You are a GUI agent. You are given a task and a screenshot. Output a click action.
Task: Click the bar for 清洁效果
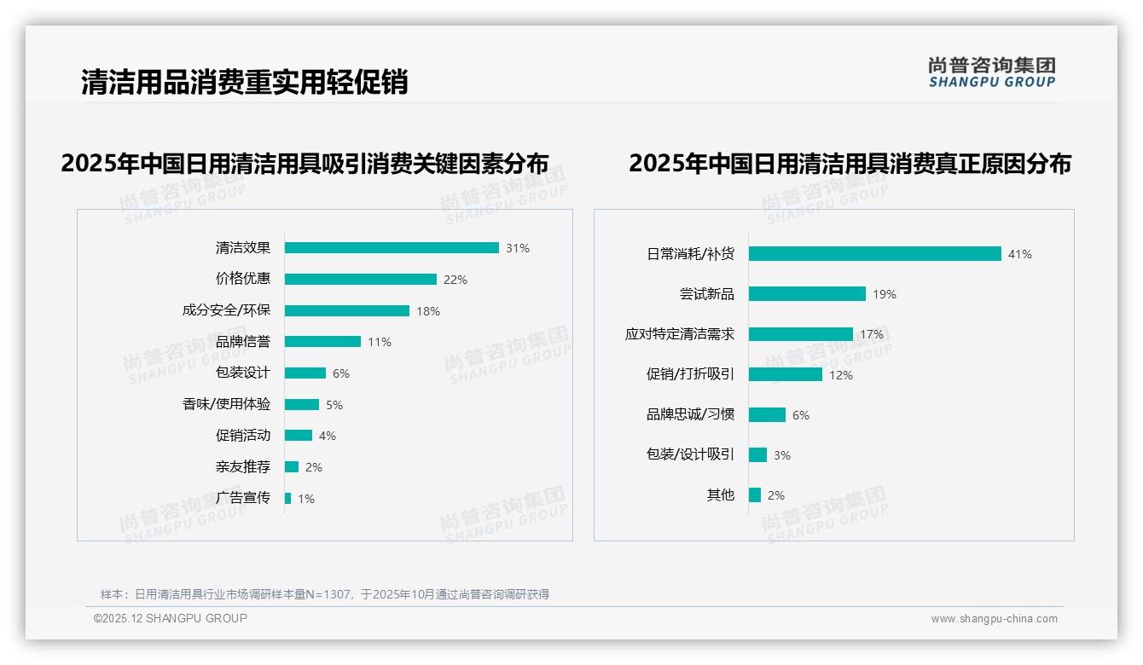[392, 248]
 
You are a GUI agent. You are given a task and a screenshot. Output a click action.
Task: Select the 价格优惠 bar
[360, 280]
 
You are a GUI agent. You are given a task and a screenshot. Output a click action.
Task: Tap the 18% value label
[428, 311]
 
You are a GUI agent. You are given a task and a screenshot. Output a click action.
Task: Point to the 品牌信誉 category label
[243, 342]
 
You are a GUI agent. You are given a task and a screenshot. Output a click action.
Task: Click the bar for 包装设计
[305, 373]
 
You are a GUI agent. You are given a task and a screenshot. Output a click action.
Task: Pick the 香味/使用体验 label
[226, 405]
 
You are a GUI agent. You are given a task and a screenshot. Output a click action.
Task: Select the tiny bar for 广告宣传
[287, 498]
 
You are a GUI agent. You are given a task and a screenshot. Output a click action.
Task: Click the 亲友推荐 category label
[243, 467]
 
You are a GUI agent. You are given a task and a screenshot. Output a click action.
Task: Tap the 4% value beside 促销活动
[328, 436]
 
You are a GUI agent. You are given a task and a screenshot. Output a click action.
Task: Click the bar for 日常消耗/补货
[874, 254]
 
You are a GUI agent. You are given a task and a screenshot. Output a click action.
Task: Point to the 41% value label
[1019, 254]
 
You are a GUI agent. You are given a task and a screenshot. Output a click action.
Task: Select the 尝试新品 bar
[807, 294]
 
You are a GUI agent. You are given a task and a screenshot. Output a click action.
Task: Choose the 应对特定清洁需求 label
[680, 334]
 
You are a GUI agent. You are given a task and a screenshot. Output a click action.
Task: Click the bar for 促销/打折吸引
[786, 374]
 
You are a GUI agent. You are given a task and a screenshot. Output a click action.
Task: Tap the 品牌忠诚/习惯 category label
[690, 414]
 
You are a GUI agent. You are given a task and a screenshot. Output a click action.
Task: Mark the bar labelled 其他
[755, 494]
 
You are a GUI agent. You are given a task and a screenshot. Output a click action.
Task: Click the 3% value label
[782, 455]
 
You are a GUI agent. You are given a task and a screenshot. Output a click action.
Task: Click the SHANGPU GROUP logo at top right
[991, 72]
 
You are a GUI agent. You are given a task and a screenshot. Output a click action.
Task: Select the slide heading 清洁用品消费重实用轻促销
[244, 82]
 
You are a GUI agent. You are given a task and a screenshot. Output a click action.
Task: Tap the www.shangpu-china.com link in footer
[994, 619]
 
